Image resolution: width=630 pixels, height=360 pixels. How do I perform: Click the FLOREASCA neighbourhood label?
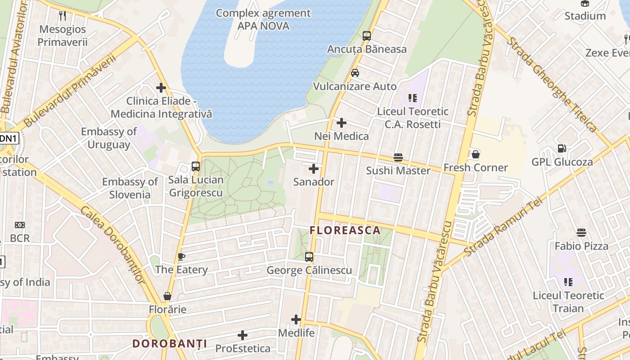pyautogui.click(x=345, y=231)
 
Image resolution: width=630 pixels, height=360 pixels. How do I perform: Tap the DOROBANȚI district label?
pyautogui.click(x=170, y=344)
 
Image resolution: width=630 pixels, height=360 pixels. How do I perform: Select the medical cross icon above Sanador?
pyautogui.click(x=314, y=169)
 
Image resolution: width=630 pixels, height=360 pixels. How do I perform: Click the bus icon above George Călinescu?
pyautogui.click(x=309, y=257)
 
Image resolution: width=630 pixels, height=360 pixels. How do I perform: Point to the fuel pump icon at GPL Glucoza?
pyautogui.click(x=562, y=148)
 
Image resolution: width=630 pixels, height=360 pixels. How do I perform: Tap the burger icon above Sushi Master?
pyautogui.click(x=398, y=157)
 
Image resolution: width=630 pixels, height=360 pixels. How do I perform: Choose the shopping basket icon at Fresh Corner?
pyautogui.click(x=475, y=154)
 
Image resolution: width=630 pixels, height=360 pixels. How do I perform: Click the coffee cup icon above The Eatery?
pyautogui.click(x=181, y=256)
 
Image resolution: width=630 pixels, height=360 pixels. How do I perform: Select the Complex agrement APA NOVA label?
pyautogui.click(x=263, y=19)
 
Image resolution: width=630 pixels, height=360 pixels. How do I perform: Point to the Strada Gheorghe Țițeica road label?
pyautogui.click(x=552, y=85)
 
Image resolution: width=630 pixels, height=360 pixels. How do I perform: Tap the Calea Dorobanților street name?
pyautogui.click(x=112, y=245)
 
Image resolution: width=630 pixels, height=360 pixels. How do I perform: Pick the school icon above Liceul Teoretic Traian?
pyautogui.click(x=568, y=282)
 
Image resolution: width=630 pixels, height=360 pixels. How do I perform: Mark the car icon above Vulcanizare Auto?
pyautogui.click(x=355, y=72)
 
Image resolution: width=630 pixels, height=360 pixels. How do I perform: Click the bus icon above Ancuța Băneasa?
pyautogui.click(x=367, y=36)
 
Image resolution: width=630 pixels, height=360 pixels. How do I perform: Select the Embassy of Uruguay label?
pyautogui.click(x=108, y=138)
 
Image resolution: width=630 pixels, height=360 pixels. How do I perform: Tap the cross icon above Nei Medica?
pyautogui.click(x=342, y=122)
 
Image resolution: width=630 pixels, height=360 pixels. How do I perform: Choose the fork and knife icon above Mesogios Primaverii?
pyautogui.click(x=63, y=16)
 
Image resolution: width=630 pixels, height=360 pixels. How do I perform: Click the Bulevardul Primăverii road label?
pyautogui.click(x=70, y=90)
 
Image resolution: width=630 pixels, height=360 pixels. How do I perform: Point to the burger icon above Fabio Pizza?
pyautogui.click(x=581, y=233)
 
